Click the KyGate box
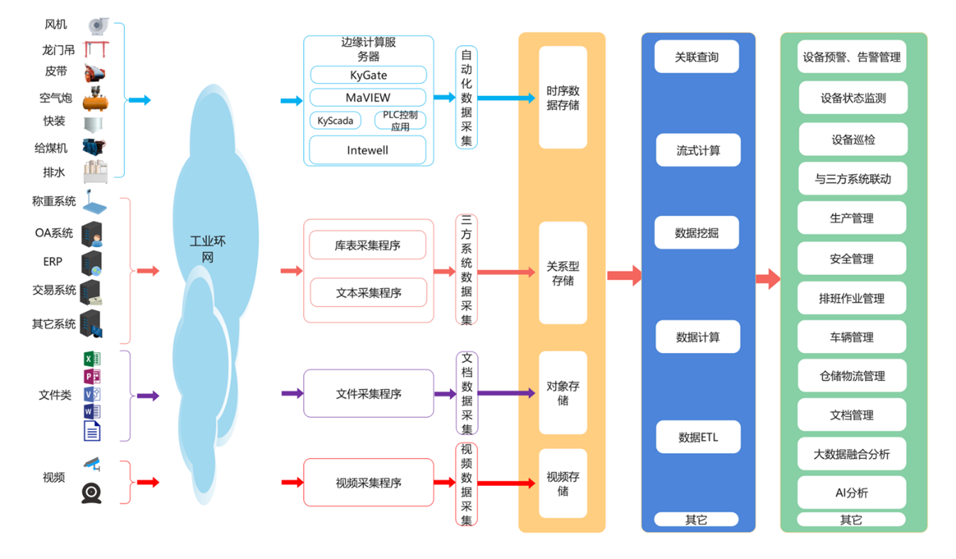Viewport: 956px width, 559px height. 368,75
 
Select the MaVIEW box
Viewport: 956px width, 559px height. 368,97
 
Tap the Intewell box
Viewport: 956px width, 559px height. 368,150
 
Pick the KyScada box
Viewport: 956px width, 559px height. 336,121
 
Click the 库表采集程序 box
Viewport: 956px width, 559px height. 368,245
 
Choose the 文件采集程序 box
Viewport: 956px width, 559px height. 368,394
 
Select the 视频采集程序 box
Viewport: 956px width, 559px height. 368,483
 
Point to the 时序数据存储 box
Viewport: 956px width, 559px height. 563,98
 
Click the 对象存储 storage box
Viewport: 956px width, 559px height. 563,393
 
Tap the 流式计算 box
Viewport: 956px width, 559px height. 698,151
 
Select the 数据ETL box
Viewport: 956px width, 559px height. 698,437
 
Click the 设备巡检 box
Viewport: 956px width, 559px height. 852,140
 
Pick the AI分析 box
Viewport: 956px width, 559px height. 852,493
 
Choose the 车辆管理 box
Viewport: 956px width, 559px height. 852,337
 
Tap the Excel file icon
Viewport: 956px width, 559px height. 92,359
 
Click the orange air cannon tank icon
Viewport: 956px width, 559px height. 96,100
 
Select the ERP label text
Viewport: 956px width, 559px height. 53,261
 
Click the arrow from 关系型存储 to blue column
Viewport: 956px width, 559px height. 624,275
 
